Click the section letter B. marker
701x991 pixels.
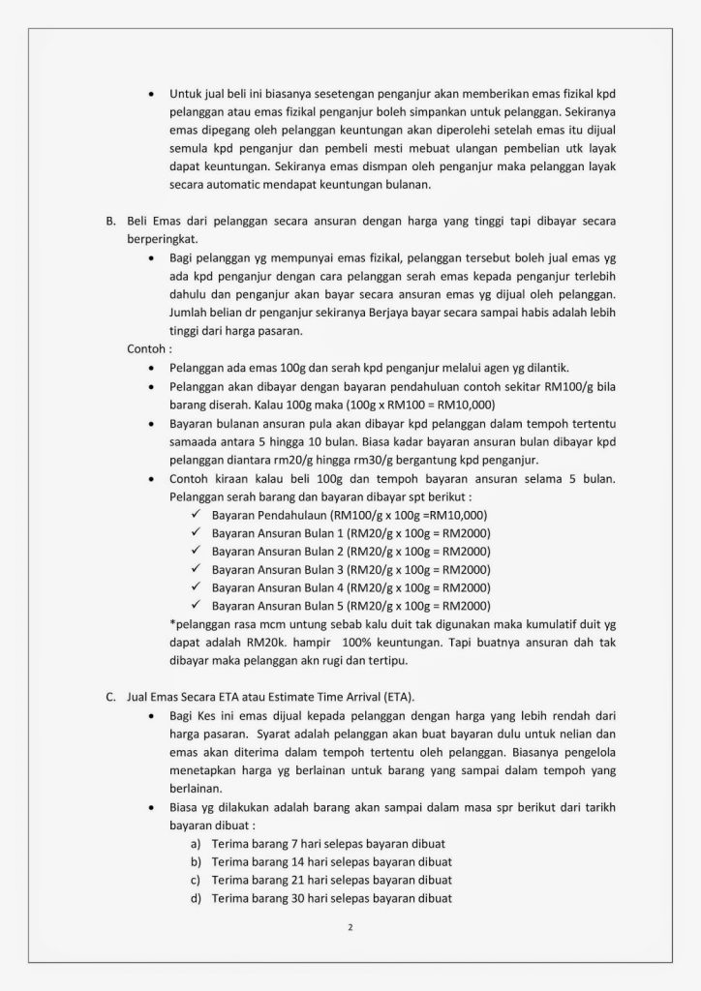[x=109, y=221]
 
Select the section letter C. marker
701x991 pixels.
[x=109, y=696]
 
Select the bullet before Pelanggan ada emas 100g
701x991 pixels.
[x=151, y=368]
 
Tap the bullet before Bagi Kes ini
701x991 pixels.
[x=151, y=715]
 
